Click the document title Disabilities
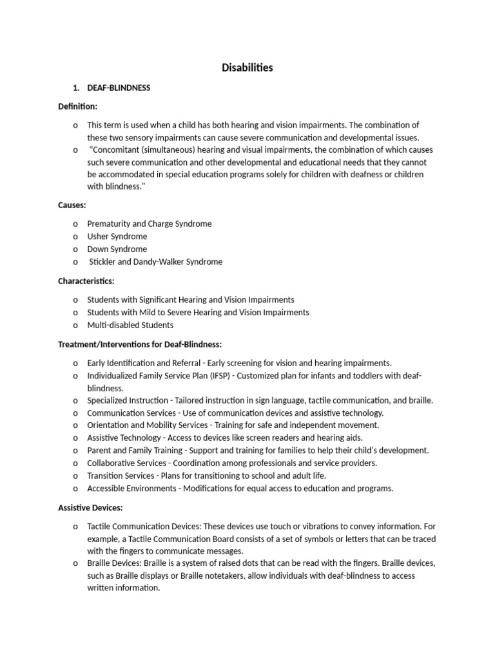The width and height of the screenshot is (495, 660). (247, 67)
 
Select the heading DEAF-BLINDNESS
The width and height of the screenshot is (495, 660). (119, 88)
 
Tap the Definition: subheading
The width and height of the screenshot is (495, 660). (78, 106)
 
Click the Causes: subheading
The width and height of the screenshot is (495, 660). (72, 205)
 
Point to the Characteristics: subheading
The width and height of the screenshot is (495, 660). (86, 281)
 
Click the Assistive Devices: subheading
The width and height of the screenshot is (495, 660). (90, 508)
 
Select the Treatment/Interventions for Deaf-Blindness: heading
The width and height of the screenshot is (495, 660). (140, 345)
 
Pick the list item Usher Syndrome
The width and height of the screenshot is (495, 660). (117, 237)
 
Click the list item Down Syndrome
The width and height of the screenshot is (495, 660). (117, 249)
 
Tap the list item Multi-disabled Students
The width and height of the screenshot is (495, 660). (130, 325)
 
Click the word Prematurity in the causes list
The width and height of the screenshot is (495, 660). (108, 224)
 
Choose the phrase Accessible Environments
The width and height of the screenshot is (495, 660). (132, 488)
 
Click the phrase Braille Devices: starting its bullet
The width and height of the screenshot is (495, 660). (114, 563)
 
